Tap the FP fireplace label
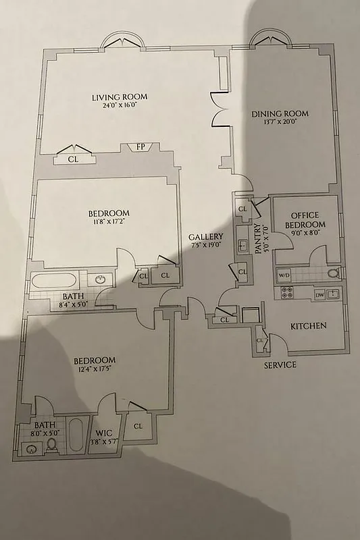pos(140,146)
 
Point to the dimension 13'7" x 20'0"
pos(275,122)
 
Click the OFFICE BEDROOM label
pos(305,219)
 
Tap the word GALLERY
pos(205,237)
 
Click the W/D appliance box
pos(284,274)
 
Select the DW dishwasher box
pos(319,294)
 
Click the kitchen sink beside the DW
pos(333,294)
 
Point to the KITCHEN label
pos(309,326)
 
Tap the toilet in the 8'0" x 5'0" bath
pos(51,445)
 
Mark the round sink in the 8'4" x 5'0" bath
pos(101,279)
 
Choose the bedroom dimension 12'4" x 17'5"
pos(94,369)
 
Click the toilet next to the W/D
pos(331,273)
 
